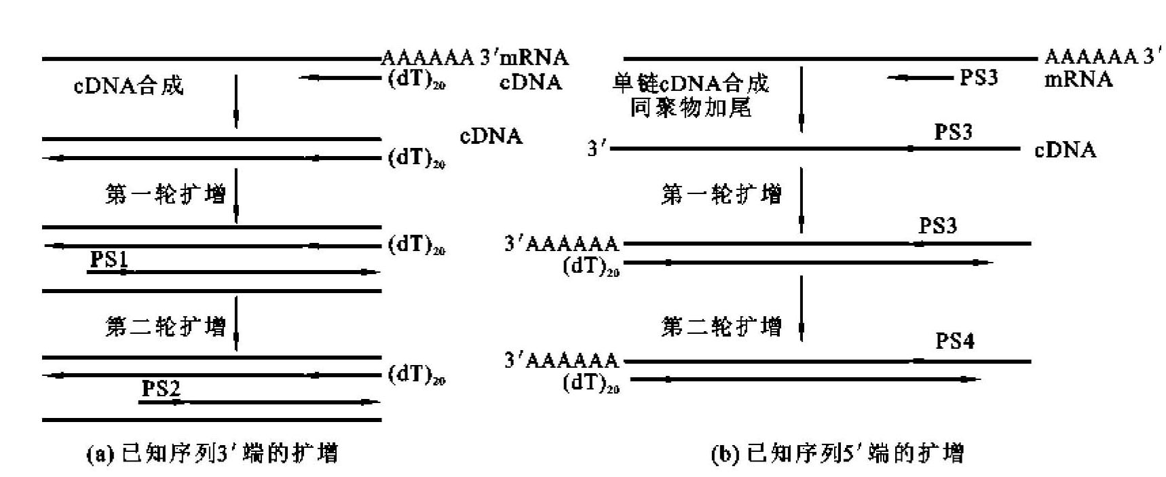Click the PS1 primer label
pyautogui.click(x=109, y=259)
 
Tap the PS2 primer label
pyautogui.click(x=161, y=389)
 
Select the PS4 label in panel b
pyautogui.click(x=955, y=341)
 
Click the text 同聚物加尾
pyautogui.click(x=690, y=107)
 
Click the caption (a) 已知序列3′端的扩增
pyautogui.click(x=212, y=453)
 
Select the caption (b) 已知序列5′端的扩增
pyautogui.click(x=837, y=453)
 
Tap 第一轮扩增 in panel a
pyautogui.click(x=165, y=195)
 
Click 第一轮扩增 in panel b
pyautogui.click(x=721, y=195)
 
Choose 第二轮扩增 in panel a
pyautogui.click(x=165, y=326)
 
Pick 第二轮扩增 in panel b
pyautogui.click(x=721, y=326)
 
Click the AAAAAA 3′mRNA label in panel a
pyautogui.click(x=474, y=58)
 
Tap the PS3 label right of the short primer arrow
pyautogui.click(x=979, y=77)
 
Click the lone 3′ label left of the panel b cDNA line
pyautogui.click(x=596, y=149)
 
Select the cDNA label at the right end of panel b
pyautogui.click(x=1065, y=149)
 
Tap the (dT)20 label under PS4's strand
pyautogui.click(x=591, y=383)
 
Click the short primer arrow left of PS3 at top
pyautogui.click(x=920, y=78)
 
